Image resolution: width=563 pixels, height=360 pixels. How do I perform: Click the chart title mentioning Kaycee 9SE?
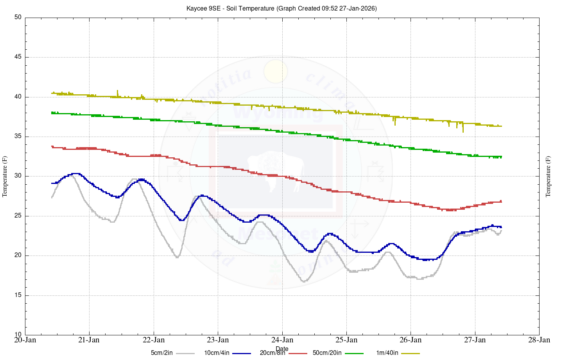coord(281,8)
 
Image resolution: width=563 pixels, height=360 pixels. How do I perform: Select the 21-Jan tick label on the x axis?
coord(89,340)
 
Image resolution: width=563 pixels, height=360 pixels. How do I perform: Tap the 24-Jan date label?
coord(282,340)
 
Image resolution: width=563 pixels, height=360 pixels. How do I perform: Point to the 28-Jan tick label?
coord(539,340)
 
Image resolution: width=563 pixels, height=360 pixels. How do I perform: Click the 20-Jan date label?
coord(25,340)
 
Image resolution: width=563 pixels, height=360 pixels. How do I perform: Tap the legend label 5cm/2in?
coord(162,353)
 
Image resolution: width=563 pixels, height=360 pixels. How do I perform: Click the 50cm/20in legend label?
coord(327,353)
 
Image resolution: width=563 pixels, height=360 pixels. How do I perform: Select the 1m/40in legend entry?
coord(387,353)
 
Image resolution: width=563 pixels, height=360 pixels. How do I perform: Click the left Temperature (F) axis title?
coord(5,176)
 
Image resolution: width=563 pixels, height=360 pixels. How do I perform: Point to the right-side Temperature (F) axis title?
coord(548,176)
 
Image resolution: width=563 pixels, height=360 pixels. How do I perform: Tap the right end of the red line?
coord(501,202)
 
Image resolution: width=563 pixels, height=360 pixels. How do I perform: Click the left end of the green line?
coord(52,113)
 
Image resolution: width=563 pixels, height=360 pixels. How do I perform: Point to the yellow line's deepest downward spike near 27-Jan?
coord(463,131)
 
